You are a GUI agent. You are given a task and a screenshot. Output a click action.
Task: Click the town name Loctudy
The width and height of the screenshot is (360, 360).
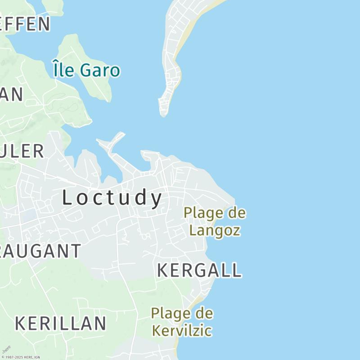(112, 198)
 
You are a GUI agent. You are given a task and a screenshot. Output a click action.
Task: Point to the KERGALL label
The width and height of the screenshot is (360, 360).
(199, 270)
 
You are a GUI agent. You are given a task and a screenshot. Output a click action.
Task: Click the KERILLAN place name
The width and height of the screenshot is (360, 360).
(61, 324)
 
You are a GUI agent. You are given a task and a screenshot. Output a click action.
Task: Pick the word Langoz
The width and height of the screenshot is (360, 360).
(215, 230)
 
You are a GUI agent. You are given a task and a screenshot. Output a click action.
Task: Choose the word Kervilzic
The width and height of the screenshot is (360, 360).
(181, 331)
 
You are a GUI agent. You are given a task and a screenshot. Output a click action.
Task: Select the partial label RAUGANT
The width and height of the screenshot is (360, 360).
(40, 251)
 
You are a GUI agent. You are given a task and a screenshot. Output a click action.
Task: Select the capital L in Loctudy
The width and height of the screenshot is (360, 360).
(67, 198)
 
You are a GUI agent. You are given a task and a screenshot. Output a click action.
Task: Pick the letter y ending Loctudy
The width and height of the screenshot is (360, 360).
(157, 199)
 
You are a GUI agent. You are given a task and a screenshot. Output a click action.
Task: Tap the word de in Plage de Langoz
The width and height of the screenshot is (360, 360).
(237, 212)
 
